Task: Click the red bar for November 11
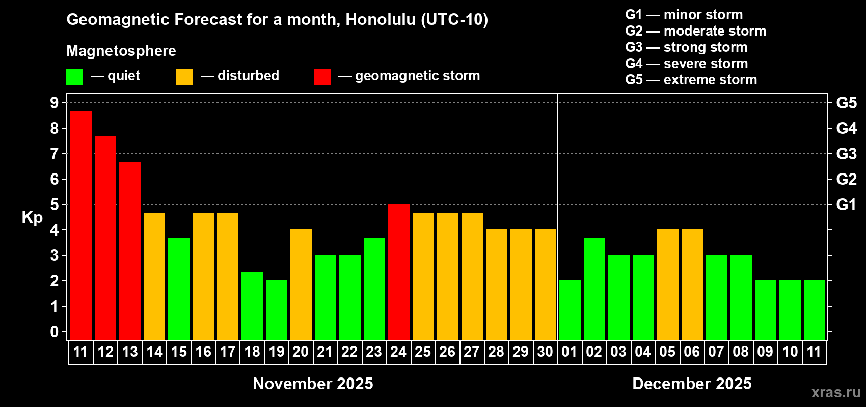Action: pos(81,225)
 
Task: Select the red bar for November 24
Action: pos(398,272)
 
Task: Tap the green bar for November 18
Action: pos(252,306)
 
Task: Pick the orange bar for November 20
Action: pos(301,284)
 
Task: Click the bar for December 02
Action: pos(594,289)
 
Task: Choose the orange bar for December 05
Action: pos(668,284)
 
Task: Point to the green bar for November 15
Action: pos(179,289)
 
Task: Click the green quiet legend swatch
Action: pos(74,76)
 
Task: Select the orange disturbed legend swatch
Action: pos(184,76)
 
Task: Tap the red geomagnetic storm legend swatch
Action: pos(322,76)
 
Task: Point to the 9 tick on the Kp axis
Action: pos(54,103)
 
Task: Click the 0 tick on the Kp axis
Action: pos(54,332)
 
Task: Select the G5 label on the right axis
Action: pos(846,103)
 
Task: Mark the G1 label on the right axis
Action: pos(846,205)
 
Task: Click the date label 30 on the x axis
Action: pos(545,352)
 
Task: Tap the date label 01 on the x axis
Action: pos(570,352)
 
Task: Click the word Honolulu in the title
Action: pos(381,20)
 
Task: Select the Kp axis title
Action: pos(32,217)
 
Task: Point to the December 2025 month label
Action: pos(692,384)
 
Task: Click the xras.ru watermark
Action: pos(836,392)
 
